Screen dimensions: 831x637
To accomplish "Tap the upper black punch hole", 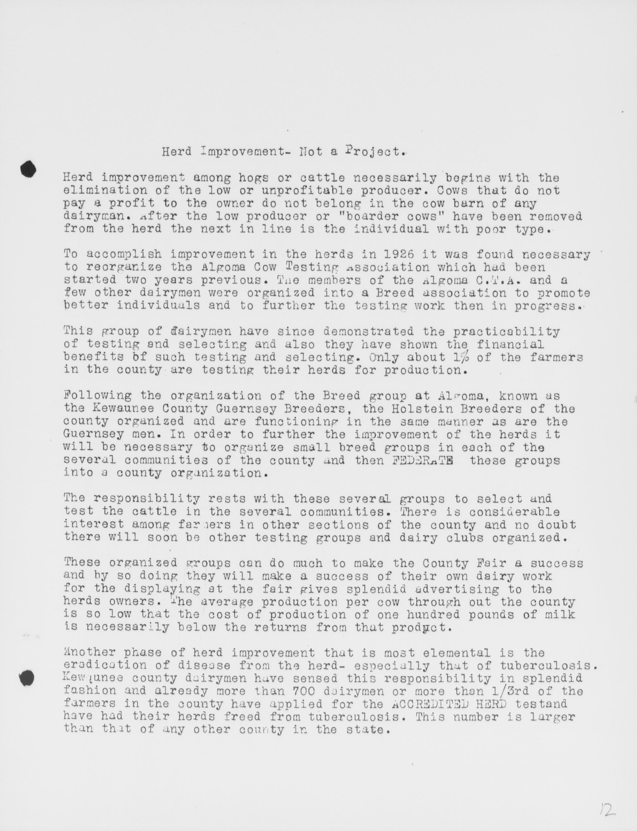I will [28, 169].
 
